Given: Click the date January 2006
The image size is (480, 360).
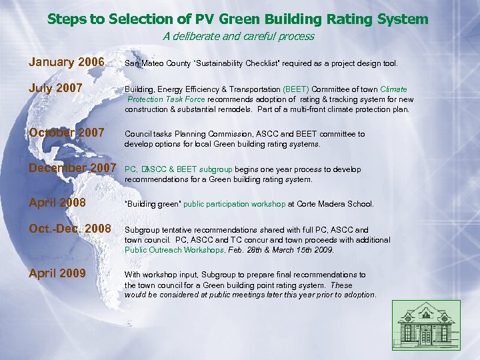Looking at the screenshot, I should tap(67, 63).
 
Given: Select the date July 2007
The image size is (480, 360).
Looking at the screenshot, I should tap(56, 88).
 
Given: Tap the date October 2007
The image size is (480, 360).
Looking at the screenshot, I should tap(67, 133).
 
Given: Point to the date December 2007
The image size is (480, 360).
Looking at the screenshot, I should tap(72, 168).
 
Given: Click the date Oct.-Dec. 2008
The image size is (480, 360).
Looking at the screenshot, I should tap(70, 229).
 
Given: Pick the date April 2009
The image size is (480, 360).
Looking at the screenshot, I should tap(57, 273).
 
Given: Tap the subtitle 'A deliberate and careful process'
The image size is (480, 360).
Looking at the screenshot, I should tap(239, 37).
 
